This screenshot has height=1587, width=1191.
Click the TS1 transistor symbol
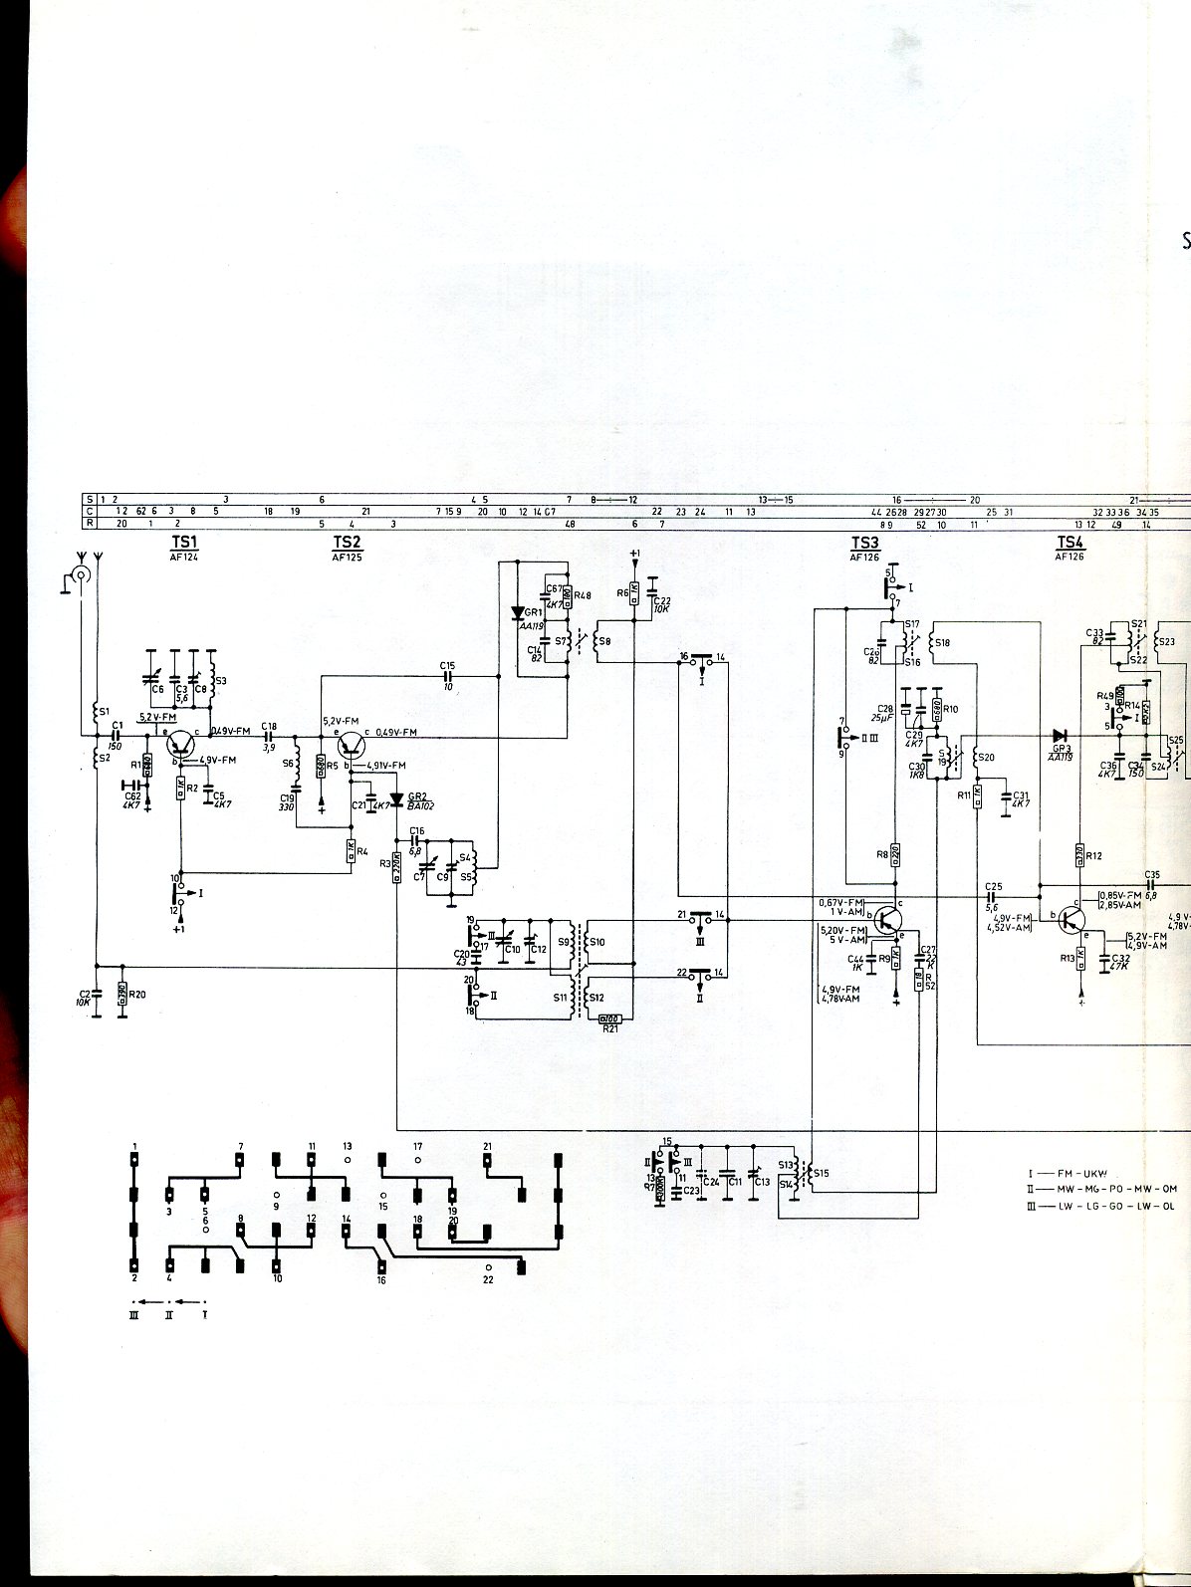coord(181,742)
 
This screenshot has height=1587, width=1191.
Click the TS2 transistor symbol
coord(352,743)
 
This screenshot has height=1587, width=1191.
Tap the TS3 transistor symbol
coord(887,916)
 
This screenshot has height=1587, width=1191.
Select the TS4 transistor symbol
coord(1072,918)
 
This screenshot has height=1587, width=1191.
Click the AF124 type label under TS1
coord(184,558)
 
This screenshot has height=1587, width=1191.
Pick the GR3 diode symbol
coord(1060,736)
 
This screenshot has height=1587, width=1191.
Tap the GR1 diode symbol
coord(517,613)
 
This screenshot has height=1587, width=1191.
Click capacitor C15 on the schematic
coord(447,676)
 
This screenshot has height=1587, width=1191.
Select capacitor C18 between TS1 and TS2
coord(268,737)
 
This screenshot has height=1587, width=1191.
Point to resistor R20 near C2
coord(121,994)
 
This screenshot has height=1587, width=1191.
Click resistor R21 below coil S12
coord(609,1019)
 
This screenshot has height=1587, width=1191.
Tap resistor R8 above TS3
coord(894,853)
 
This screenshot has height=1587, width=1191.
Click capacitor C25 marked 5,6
coord(991,896)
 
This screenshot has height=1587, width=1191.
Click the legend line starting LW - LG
coord(1105,1206)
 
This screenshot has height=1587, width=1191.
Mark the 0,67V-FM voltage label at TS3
coord(841,902)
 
